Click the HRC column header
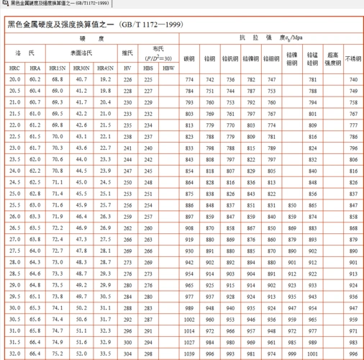click(x=15, y=67)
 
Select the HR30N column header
click(x=81, y=67)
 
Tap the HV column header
click(x=127, y=67)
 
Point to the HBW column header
click(x=168, y=67)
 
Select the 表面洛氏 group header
click(x=81, y=53)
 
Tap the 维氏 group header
click(x=127, y=53)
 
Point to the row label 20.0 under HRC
click(x=15, y=78)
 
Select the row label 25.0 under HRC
click(x=15, y=183)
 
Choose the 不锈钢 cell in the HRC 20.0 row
click(x=352, y=78)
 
